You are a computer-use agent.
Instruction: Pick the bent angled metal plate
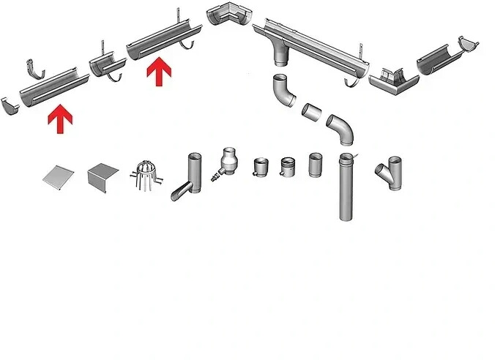[x=103, y=176]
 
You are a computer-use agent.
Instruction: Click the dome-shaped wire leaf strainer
[x=142, y=174]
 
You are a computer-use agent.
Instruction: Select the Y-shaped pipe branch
[x=391, y=174]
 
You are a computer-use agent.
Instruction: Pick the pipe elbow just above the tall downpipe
[x=340, y=127]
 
